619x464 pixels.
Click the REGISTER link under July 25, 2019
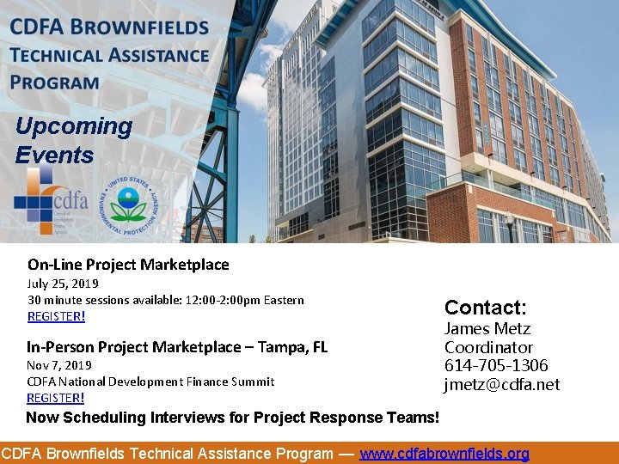click(x=56, y=316)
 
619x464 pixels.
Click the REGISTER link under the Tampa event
click(x=55, y=398)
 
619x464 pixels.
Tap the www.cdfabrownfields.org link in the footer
click(x=444, y=454)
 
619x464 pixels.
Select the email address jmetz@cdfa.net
click(x=501, y=385)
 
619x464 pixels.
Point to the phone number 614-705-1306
click(x=496, y=366)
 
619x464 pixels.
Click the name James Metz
click(x=487, y=329)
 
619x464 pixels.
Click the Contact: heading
click(x=485, y=308)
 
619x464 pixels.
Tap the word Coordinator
click(x=488, y=348)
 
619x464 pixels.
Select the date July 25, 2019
click(x=63, y=284)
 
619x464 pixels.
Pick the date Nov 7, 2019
click(x=58, y=365)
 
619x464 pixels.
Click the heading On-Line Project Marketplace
click(x=128, y=265)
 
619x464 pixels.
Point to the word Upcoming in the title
click(x=74, y=126)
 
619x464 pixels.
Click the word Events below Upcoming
click(x=54, y=156)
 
